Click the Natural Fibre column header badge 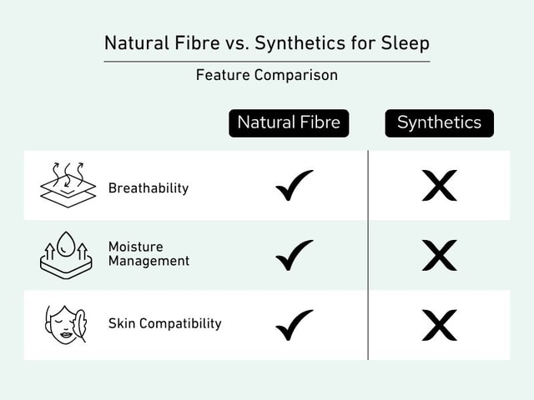tap(289, 122)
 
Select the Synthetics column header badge tap(439, 122)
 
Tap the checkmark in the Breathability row tap(294, 185)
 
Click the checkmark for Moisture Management tap(294, 255)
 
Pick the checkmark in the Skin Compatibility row tap(294, 324)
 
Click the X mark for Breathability tap(439, 186)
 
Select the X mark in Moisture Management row tap(439, 255)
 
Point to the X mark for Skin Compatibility tap(439, 324)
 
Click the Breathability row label tap(149, 188)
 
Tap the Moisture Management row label tap(149, 254)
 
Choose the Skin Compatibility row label tap(164, 323)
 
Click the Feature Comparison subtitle tap(267, 75)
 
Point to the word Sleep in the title tap(406, 42)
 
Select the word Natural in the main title tap(133, 42)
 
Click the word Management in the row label tap(149, 261)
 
